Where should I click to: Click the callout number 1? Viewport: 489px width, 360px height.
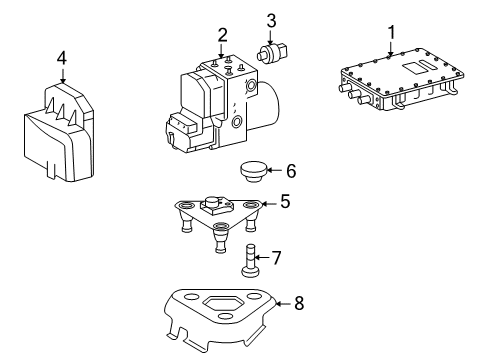coord(391,32)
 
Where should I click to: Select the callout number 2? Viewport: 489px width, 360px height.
coord(222,36)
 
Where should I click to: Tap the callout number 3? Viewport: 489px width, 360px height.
coord(271,20)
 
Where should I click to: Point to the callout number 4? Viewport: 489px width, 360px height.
coord(61,59)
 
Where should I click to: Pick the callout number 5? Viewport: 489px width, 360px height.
coord(285,201)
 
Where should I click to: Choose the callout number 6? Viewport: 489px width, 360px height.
coord(290,171)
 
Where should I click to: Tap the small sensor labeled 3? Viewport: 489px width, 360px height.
coord(272,52)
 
